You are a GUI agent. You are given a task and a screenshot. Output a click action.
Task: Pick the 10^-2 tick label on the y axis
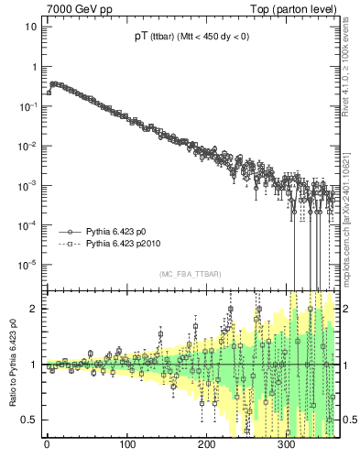(27, 146)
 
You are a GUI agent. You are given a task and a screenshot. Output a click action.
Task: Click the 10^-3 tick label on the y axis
(27, 185)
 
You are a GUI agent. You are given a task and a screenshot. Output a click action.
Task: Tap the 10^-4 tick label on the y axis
(27, 224)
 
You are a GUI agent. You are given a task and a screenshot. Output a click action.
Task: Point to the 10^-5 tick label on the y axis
(27, 264)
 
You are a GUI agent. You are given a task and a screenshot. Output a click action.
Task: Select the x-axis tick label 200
(206, 448)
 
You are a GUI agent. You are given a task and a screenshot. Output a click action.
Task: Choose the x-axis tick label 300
(286, 448)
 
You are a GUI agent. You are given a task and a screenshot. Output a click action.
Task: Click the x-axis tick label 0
(47, 448)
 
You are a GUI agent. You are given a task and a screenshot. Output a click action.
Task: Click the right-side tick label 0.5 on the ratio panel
(348, 420)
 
